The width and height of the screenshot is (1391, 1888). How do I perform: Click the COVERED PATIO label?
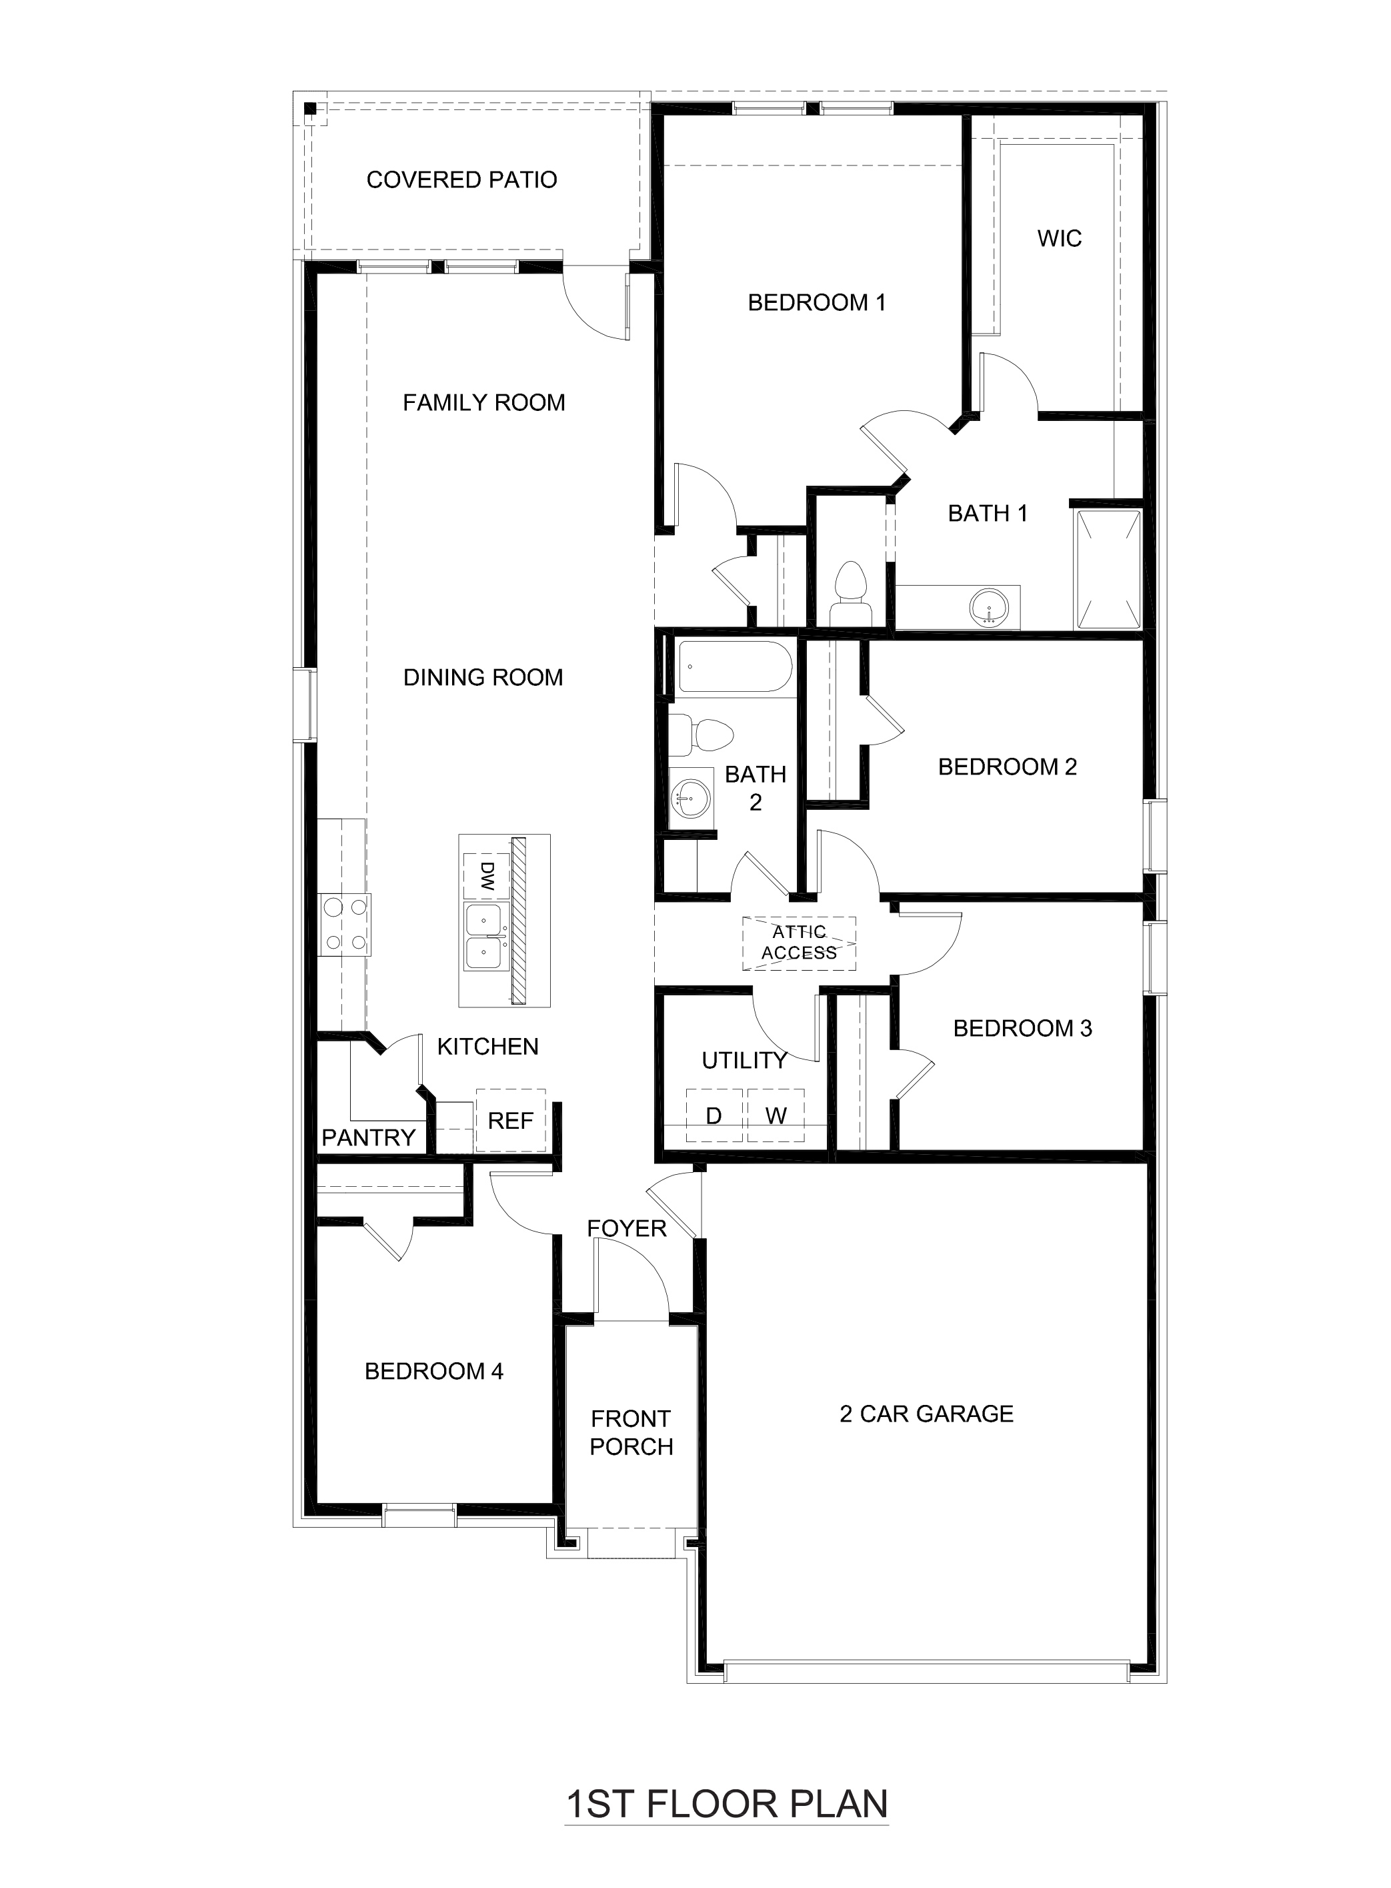tap(461, 179)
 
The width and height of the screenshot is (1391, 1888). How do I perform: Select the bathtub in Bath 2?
tap(735, 666)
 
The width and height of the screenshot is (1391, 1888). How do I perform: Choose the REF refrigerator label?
tap(510, 1121)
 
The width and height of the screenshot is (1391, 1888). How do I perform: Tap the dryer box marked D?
tap(714, 1115)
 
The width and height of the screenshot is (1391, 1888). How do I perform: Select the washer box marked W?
tap(776, 1115)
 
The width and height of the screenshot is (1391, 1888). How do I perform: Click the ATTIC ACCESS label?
tap(799, 943)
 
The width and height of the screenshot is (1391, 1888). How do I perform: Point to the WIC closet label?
tap(1059, 238)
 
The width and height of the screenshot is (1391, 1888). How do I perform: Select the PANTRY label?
tap(368, 1137)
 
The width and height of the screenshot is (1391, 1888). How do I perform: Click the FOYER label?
tap(626, 1228)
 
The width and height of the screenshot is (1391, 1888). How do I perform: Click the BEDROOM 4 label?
tap(433, 1372)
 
